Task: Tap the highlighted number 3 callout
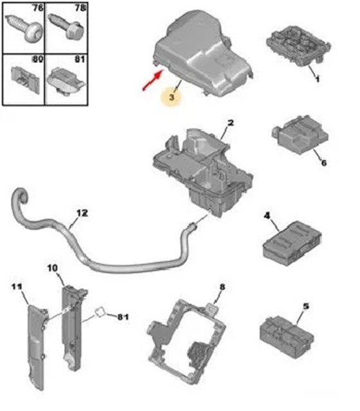[172, 97]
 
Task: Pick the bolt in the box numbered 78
[66, 26]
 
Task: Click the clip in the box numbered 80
[25, 78]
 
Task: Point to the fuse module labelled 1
[298, 44]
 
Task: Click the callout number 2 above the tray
[230, 123]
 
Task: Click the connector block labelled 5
[287, 337]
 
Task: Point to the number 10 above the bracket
[53, 268]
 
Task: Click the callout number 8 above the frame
[222, 287]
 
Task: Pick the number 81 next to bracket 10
[123, 317]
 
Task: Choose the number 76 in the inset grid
[37, 8]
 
